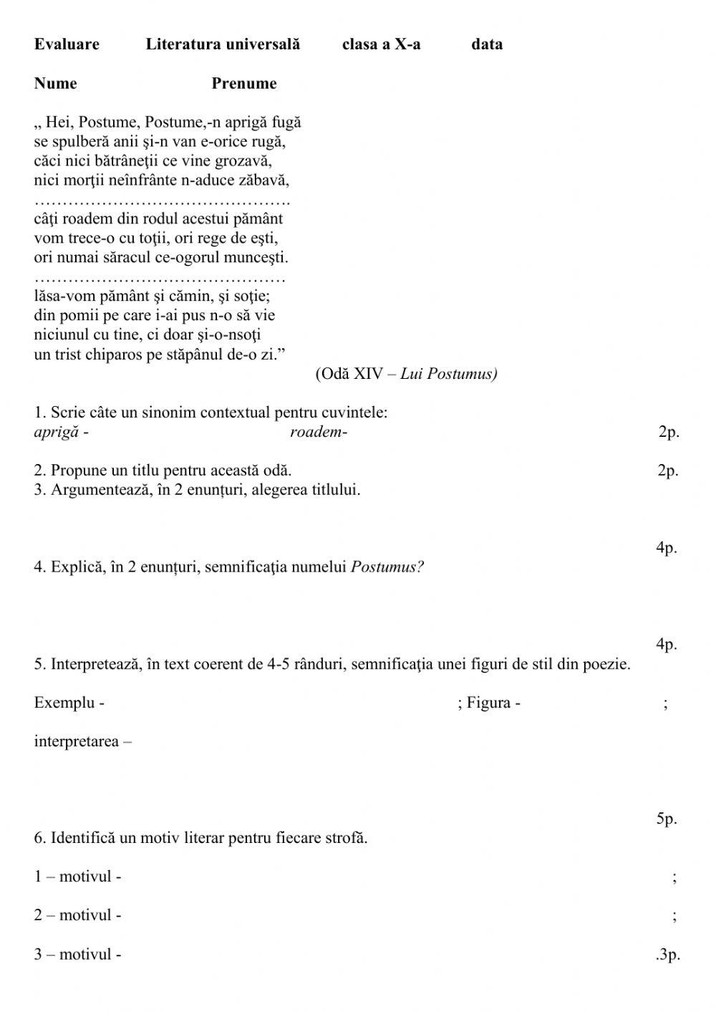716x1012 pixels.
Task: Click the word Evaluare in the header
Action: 67,44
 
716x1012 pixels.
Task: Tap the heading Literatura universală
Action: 223,44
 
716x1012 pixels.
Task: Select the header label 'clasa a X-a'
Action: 381,44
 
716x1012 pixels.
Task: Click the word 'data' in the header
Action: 487,44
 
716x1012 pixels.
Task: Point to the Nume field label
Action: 55,83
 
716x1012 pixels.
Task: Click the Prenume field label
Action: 243,83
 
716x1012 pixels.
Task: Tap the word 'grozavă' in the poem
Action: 244,161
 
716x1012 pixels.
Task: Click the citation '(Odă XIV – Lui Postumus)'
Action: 406,374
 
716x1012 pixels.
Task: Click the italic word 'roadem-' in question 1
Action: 318,432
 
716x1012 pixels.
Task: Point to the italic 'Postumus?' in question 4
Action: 387,567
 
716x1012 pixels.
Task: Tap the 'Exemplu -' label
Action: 69,703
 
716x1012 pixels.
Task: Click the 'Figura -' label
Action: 493,703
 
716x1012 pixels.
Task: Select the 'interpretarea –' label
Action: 82,741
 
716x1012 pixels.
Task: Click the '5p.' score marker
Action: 666,819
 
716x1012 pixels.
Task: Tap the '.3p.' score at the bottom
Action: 667,955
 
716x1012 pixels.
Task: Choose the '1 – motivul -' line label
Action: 77,877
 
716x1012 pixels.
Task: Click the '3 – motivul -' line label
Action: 77,955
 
